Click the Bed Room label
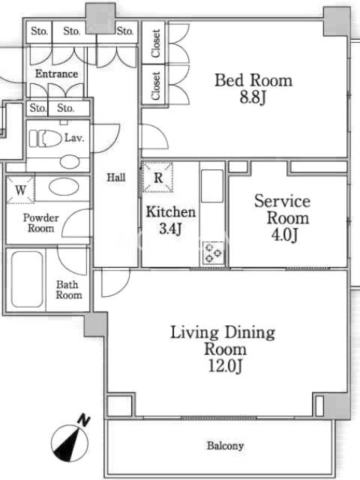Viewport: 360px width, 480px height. (x=253, y=80)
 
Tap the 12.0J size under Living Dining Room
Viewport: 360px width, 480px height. (x=226, y=366)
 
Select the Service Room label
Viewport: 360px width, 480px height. (x=282, y=209)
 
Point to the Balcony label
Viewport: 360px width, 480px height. (x=226, y=446)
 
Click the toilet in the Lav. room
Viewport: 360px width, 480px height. (x=46, y=139)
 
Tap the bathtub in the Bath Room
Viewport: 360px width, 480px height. (x=27, y=279)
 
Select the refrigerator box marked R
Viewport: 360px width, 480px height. (x=158, y=178)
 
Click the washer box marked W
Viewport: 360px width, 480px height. (x=20, y=190)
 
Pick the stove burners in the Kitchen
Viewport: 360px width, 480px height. (x=213, y=253)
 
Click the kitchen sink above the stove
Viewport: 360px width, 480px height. (x=212, y=186)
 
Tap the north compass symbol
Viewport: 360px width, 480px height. (x=70, y=443)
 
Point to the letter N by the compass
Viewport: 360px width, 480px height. (x=83, y=420)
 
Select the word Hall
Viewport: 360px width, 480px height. (x=116, y=177)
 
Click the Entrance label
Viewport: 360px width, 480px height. (x=56, y=74)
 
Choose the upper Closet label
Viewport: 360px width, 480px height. (x=156, y=43)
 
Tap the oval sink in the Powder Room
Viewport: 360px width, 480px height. (x=64, y=187)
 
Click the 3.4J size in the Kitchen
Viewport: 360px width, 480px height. (x=170, y=229)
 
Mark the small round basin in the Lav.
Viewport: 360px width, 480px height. (x=70, y=161)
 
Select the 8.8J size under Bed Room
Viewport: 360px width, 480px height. (x=253, y=98)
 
